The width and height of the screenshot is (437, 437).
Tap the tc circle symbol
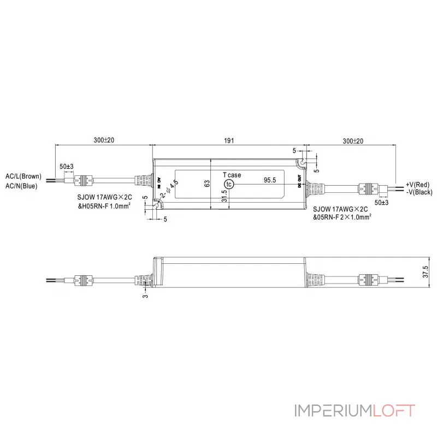[x=229, y=185]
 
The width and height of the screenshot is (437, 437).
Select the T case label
[x=232, y=175]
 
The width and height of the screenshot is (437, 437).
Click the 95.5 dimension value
[x=270, y=179]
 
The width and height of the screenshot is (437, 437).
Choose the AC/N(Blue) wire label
[x=21, y=186]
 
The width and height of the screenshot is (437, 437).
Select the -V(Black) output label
[x=420, y=192]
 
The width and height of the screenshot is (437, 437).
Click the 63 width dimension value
[x=207, y=184]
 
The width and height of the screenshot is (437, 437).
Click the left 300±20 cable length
[x=103, y=140]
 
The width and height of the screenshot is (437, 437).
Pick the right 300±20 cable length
[x=353, y=140]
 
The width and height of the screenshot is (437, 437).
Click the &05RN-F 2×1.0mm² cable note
[x=342, y=217]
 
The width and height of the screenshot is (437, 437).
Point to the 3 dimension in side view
[x=146, y=296]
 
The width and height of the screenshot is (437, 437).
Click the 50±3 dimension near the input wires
[x=66, y=166]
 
